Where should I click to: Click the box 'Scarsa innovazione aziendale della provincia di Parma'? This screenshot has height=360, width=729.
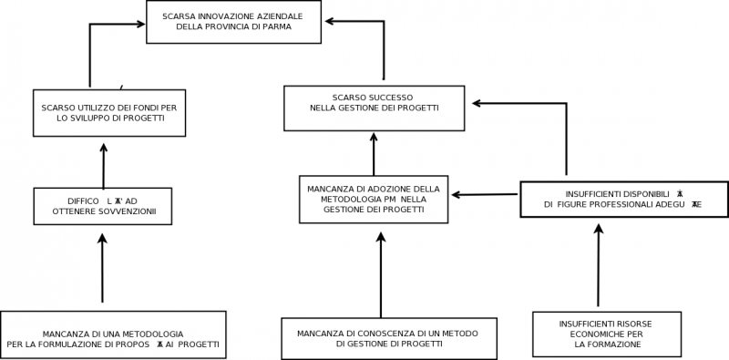click(233, 22)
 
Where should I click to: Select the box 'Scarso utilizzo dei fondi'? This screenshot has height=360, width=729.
click(109, 112)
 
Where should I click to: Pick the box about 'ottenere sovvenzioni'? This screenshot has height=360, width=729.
click(103, 206)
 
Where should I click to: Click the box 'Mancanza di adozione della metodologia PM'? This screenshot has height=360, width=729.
click(374, 199)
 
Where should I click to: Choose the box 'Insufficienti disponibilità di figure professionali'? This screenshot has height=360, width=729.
click(624, 199)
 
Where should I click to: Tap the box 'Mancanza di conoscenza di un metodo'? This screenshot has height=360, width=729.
click(389, 338)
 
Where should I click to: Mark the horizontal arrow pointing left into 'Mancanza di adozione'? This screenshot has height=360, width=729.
click(486, 194)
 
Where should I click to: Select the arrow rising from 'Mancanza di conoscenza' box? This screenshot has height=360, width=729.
click(381, 273)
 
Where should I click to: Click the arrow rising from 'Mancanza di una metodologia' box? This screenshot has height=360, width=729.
click(102, 268)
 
